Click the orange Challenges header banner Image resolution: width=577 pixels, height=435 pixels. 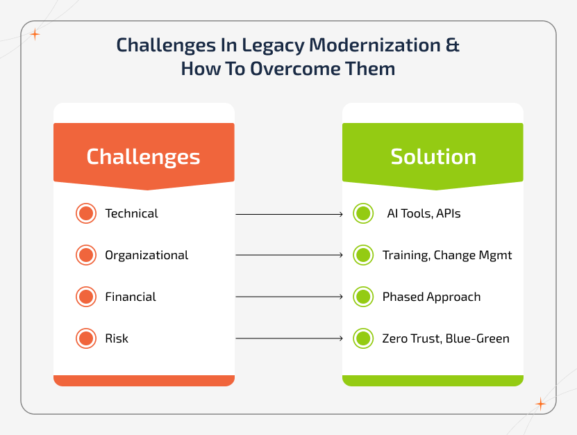coord(144,156)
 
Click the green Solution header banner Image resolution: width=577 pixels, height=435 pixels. coord(433,156)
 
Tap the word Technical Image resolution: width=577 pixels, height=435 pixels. coord(131,213)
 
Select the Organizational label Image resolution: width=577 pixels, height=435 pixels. coord(147,255)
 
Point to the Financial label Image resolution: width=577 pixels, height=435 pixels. coord(131,297)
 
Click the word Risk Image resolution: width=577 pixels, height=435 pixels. coord(117,338)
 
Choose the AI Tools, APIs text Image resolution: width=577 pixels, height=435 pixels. coord(424,213)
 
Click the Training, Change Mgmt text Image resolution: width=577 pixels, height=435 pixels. coord(447,255)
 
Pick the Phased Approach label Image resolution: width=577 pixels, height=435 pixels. coord(431,297)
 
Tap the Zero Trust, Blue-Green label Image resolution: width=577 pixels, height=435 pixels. coord(446,338)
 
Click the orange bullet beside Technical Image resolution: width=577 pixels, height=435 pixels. coord(85,213)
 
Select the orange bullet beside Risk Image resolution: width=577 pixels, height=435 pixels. coord(85,338)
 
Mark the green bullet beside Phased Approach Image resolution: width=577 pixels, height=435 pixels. coord(363,297)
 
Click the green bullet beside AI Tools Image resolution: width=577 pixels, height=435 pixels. coord(363,213)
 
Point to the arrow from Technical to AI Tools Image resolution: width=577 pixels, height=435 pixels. coord(290,214)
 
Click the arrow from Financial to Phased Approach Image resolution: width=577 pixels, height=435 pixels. coord(290,297)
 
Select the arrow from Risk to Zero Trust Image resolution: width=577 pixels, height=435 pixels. coord(290,339)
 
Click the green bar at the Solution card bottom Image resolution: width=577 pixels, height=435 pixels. coord(433,381)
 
